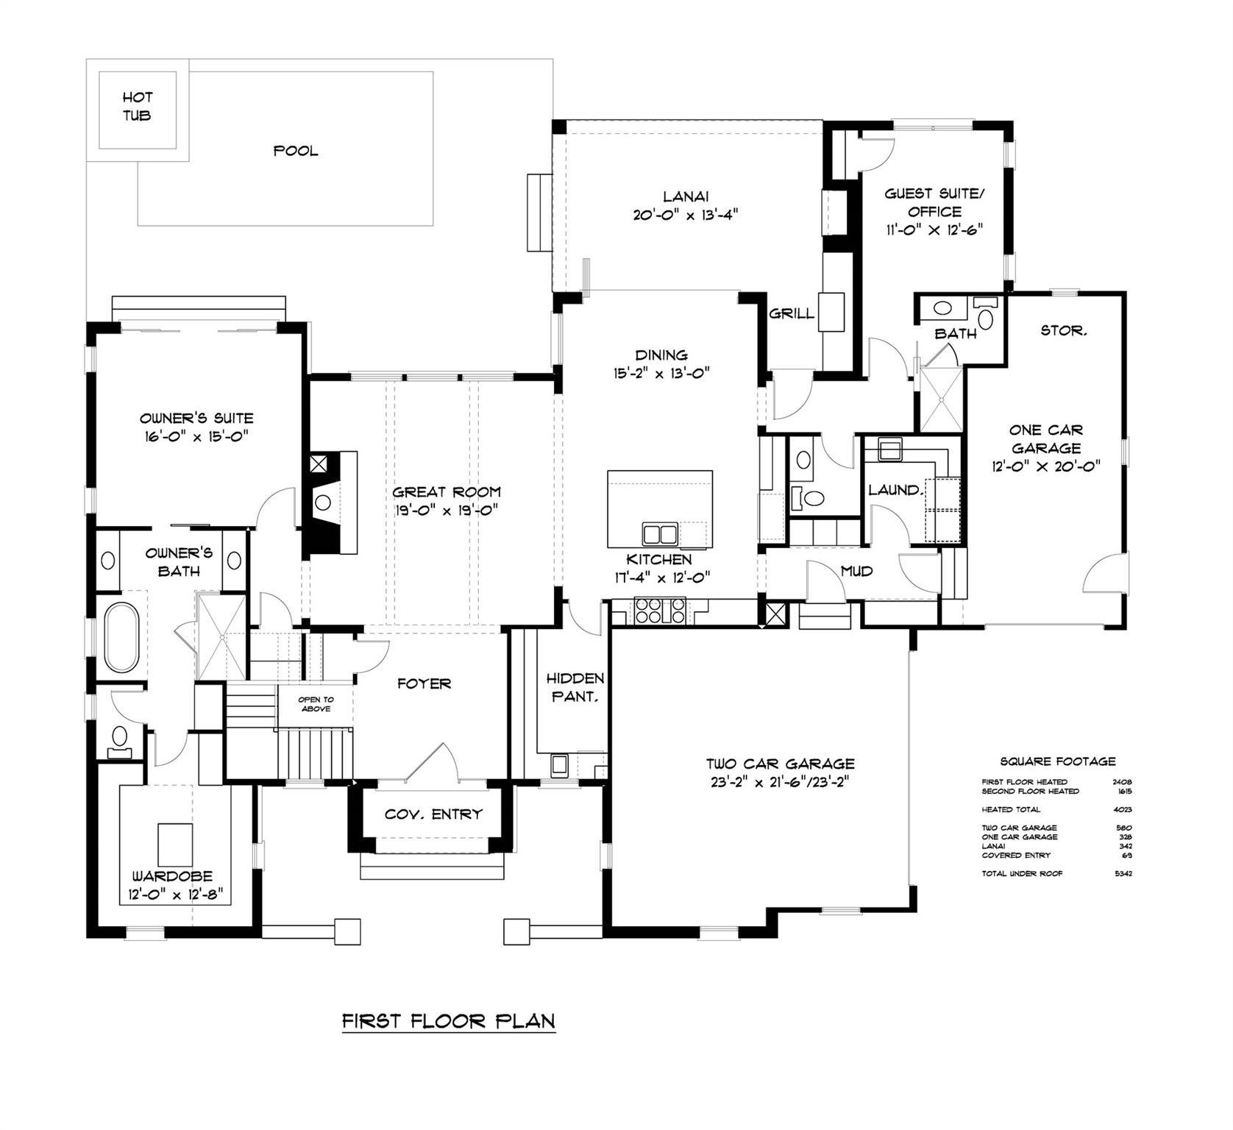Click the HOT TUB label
138,107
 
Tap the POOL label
296,151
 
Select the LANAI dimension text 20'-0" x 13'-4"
685,215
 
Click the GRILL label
792,313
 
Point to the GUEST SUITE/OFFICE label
934,211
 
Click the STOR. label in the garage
1064,331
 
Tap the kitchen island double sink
660,533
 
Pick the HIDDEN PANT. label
575,687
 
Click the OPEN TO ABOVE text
316,704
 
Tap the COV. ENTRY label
433,814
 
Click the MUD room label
857,571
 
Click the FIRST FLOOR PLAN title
448,1021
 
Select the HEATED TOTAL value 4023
1122,809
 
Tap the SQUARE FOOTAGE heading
1057,761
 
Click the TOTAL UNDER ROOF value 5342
1122,874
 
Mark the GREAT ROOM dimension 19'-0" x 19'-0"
446,511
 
